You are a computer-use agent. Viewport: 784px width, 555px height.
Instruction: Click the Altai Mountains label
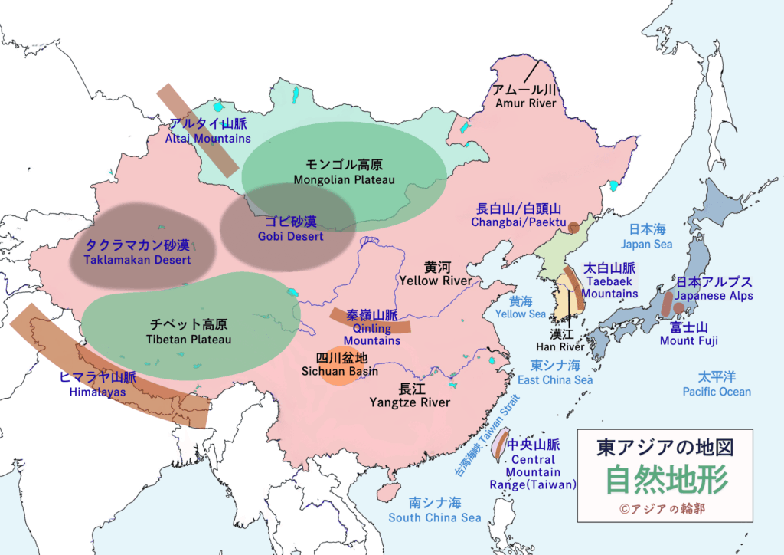click(208, 131)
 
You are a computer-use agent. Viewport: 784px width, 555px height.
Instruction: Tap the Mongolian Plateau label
click(344, 172)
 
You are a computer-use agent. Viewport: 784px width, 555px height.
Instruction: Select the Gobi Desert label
click(290, 228)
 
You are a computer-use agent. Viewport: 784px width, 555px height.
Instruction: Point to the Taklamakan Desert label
click(138, 253)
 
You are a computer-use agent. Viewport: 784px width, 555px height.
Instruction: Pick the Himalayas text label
click(97, 385)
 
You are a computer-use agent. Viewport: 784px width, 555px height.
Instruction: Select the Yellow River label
click(435, 274)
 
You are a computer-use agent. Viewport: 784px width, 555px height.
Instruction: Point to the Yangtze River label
click(410, 395)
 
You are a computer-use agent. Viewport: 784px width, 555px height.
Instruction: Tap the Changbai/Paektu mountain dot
click(573, 227)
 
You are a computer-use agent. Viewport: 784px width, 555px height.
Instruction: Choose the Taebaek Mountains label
click(610, 281)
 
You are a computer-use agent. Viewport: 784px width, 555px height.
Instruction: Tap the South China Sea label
click(435, 510)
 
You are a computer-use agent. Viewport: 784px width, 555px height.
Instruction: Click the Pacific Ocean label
click(717, 384)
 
